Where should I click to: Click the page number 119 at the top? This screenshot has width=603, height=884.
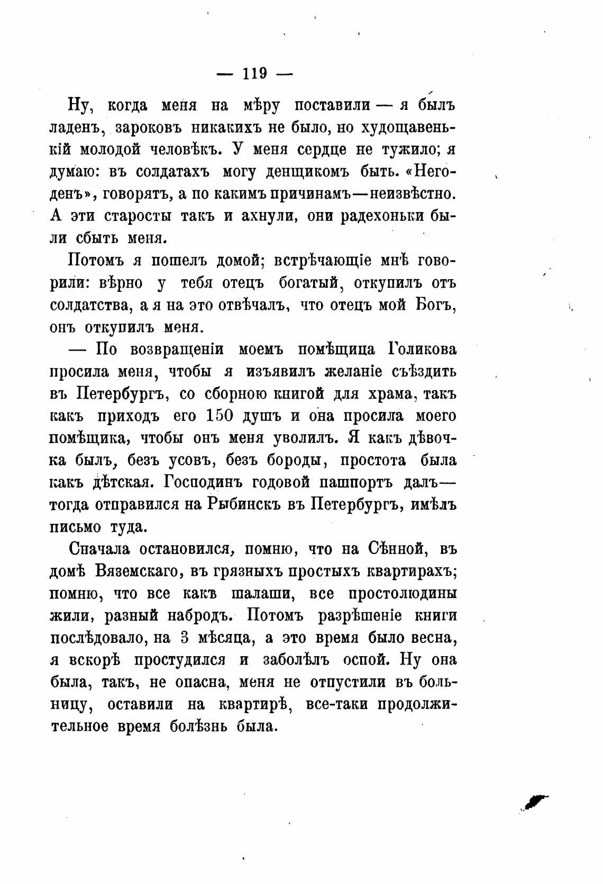(x=254, y=73)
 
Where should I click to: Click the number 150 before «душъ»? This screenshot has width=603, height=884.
(x=216, y=416)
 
